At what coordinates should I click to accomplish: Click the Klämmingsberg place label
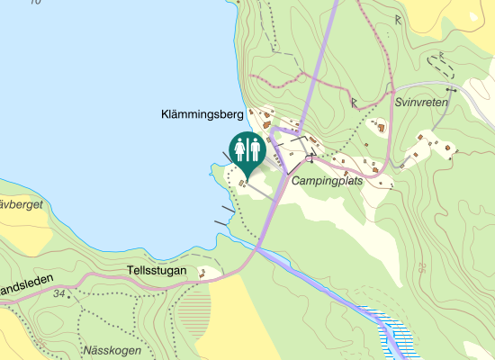click(202, 115)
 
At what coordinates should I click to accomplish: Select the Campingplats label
click(326, 181)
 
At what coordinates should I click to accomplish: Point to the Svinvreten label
click(420, 103)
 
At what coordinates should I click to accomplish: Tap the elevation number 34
click(59, 294)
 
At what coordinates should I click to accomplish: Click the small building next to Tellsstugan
click(203, 272)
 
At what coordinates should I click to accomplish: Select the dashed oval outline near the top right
click(442, 62)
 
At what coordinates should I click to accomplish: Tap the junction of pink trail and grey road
click(392, 92)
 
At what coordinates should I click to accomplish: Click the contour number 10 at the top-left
click(34, 3)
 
